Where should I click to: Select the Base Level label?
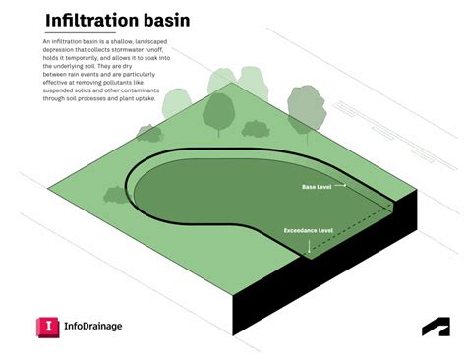coord(317,185)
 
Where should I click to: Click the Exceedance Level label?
coord(309,230)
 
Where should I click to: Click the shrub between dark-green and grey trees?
coord(256,128)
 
